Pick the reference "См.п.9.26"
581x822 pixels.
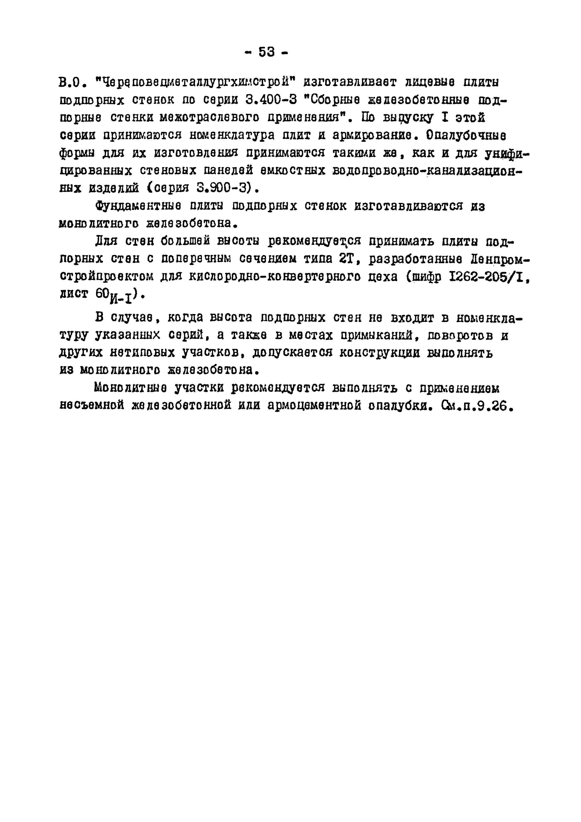pyautogui.click(x=475, y=406)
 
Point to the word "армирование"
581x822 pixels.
pyautogui.click(x=375, y=136)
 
